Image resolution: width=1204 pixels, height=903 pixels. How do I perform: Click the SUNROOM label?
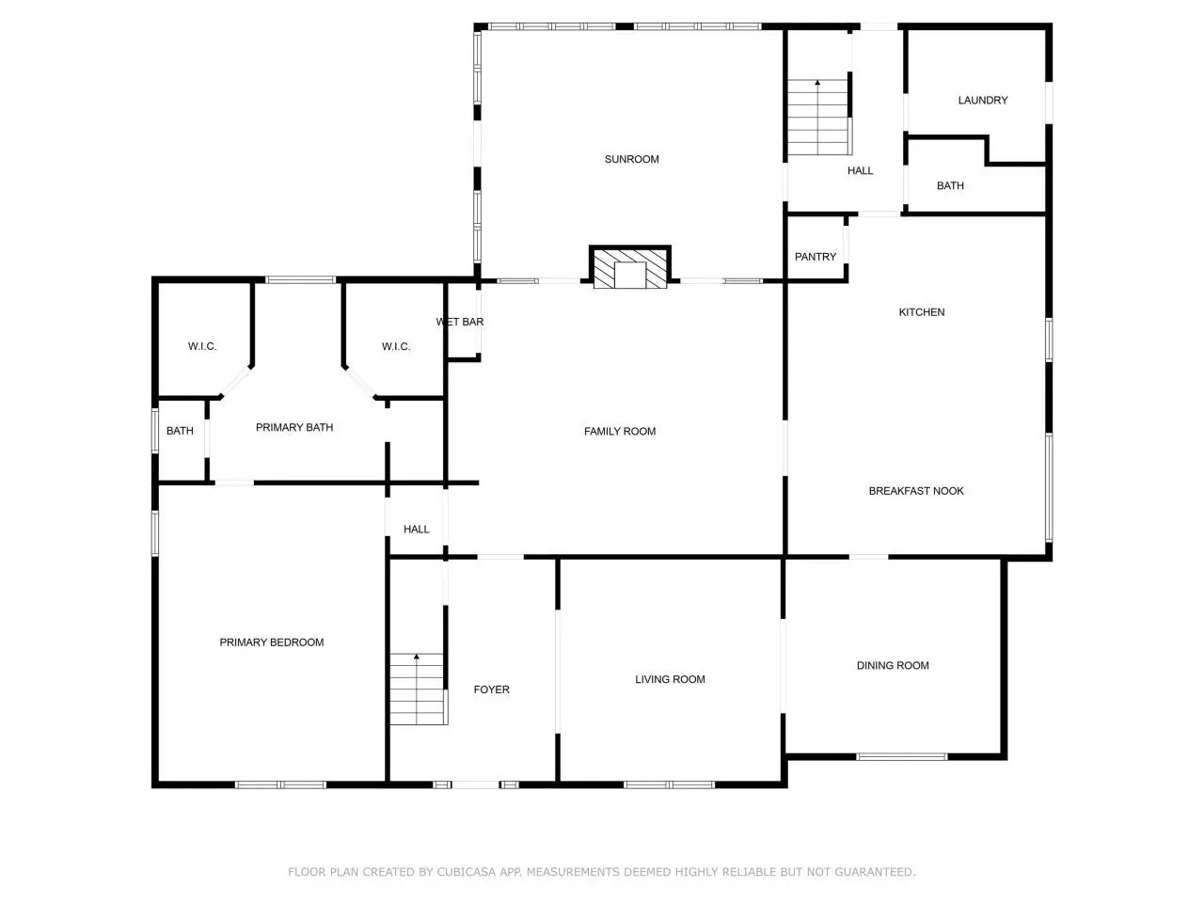pos(631,159)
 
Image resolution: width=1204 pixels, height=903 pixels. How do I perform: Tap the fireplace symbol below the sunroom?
pos(629,266)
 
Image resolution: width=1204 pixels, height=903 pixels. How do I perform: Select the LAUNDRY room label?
pos(982,101)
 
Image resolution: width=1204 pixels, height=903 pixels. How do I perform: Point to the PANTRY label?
pos(816,257)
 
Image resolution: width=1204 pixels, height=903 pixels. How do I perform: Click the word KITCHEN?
pos(922,312)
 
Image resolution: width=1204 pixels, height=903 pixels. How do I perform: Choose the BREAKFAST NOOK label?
pos(916,491)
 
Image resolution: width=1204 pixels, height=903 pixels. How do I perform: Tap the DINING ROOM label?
pos(893,665)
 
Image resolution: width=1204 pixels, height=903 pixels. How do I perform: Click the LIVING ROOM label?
pos(670,679)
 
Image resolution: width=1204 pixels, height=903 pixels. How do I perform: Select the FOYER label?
pos(491,689)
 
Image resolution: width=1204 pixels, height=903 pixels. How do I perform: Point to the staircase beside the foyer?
pos(419,689)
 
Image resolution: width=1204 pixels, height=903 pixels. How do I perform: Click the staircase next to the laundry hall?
pos(819,118)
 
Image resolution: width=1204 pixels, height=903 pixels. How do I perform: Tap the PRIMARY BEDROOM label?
pos(272,642)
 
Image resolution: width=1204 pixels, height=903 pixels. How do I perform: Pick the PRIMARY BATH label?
pos(294,427)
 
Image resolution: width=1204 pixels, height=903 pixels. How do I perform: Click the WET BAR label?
pos(460,322)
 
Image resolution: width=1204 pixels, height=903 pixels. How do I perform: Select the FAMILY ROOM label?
pos(620,432)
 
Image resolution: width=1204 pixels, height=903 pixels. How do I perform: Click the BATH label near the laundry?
pos(950,186)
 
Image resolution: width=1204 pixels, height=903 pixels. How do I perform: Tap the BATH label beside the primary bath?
pos(180,431)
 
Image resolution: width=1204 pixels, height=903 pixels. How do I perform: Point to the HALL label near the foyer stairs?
pos(417,529)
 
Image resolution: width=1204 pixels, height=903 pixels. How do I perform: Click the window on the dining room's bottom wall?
pos(902,756)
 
